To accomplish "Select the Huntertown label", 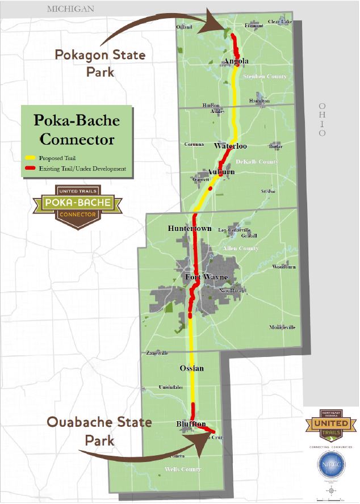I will (190, 228).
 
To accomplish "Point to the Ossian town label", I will (191, 368).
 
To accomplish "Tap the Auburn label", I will (221, 171).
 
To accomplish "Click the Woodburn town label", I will (284, 266).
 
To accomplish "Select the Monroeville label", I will (282, 327).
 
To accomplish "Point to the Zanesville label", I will (157, 353).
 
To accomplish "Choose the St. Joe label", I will (268, 192).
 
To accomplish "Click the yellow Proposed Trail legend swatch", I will (29, 157).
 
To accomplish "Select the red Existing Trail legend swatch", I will (29, 169).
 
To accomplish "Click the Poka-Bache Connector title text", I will (77, 129).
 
